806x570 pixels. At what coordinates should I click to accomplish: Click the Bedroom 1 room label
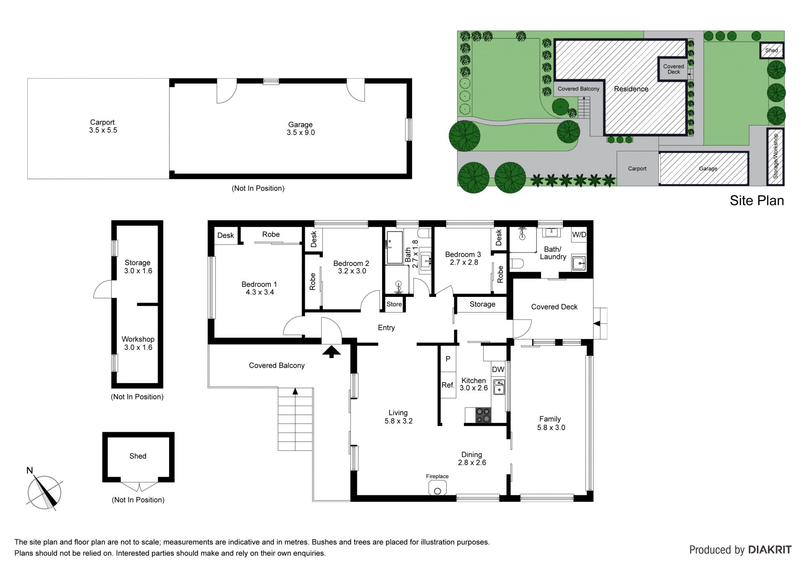point(259,284)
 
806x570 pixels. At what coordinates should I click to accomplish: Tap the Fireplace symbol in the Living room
point(437,488)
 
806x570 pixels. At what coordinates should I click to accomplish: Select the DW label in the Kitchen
point(498,370)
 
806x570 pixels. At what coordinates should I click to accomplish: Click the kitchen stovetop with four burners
point(483,415)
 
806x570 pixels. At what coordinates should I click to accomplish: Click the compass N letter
point(29,470)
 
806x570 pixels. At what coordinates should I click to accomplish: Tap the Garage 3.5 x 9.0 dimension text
point(301,133)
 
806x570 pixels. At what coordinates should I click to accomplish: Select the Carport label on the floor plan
point(102,122)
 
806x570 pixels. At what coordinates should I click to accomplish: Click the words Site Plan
point(756,200)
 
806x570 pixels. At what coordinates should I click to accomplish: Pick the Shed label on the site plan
point(772,50)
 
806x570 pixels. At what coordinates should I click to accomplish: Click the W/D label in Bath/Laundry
point(579,234)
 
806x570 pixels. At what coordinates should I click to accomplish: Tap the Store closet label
point(394,304)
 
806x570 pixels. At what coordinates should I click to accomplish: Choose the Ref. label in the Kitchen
point(448,385)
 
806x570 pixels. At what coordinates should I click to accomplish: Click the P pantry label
point(448,359)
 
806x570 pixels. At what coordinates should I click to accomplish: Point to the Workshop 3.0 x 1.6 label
point(138,343)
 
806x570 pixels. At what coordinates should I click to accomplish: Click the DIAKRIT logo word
point(770,550)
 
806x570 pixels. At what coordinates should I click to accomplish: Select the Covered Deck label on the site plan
point(673,69)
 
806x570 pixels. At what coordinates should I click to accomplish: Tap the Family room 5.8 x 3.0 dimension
point(551,428)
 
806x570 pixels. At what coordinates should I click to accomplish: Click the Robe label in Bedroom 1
point(271,234)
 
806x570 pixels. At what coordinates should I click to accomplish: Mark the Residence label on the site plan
point(631,89)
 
